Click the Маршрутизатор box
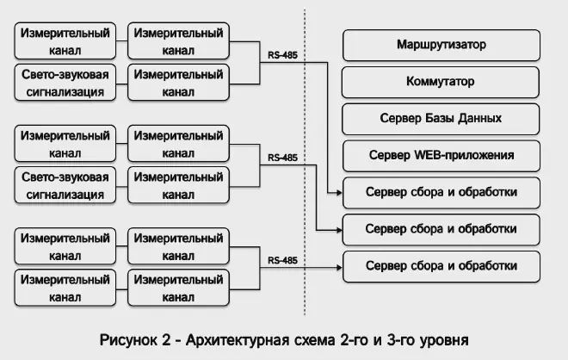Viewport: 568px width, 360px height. click(441, 44)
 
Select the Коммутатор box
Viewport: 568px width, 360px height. click(441, 82)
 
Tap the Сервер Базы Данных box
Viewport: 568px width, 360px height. click(441, 119)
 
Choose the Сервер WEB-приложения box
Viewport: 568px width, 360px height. click(441, 156)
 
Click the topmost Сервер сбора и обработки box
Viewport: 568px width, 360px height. click(441, 192)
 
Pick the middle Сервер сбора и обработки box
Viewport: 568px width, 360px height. click(441, 229)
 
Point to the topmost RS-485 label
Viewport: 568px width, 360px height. click(283, 56)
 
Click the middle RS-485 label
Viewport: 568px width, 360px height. click(283, 158)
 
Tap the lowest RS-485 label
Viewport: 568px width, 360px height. click(283, 259)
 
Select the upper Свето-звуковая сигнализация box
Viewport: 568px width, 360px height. click(66, 83)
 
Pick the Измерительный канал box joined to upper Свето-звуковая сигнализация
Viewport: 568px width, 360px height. click(179, 83)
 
